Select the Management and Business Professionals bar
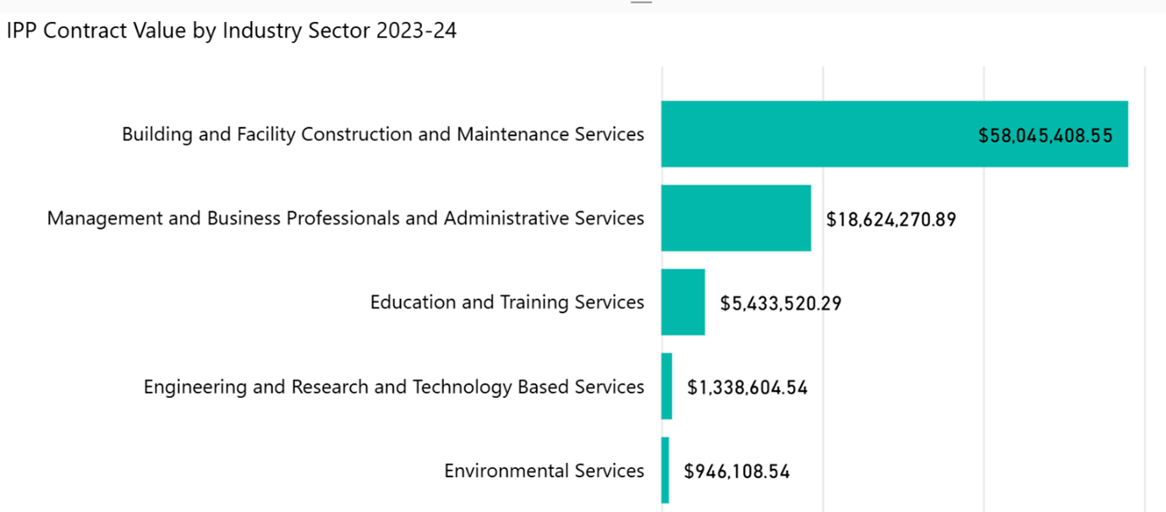click(736, 218)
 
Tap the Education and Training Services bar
click(682, 302)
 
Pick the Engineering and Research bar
click(666, 386)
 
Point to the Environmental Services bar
click(665, 471)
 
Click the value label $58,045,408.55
click(1045, 135)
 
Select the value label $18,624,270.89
click(890, 220)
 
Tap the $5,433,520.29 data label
click(780, 303)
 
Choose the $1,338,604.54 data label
click(747, 388)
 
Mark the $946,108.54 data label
click(736, 471)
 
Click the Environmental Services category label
click(544, 471)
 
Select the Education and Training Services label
click(506, 302)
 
